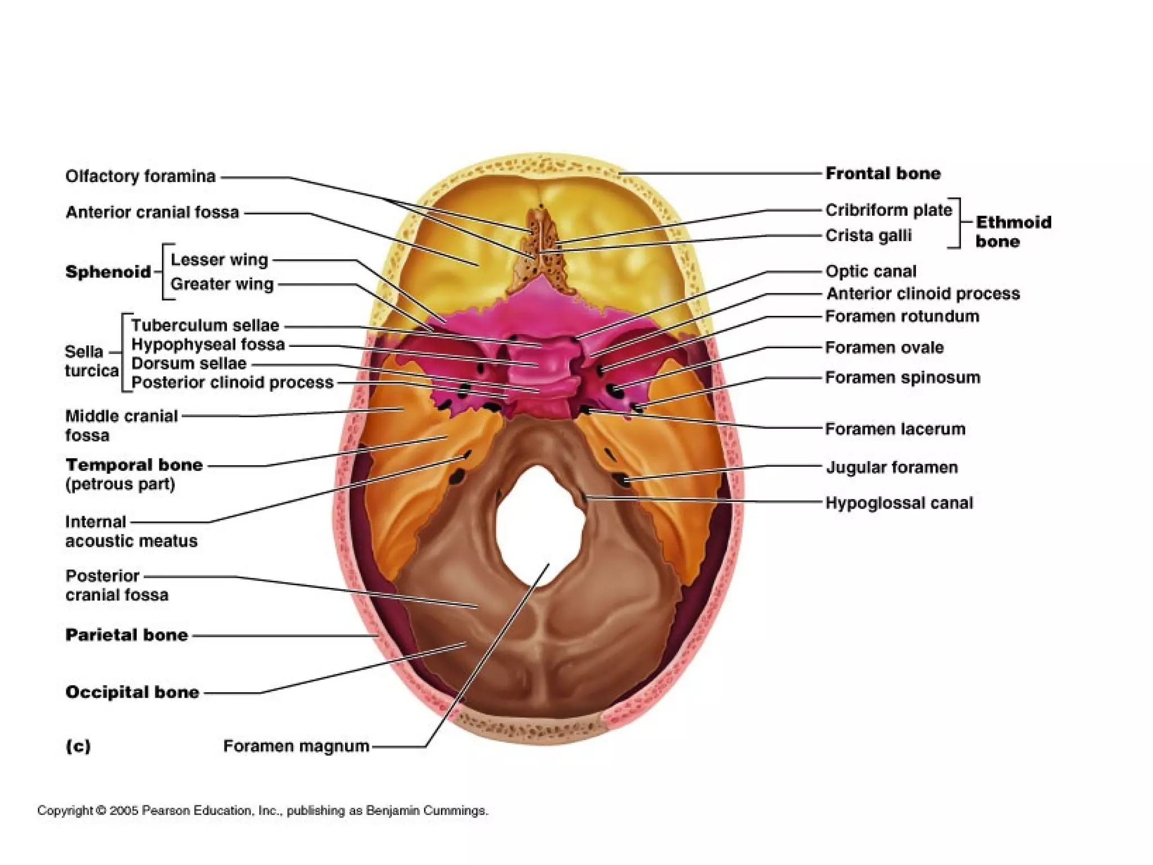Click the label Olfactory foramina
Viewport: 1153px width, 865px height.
pyautogui.click(x=140, y=176)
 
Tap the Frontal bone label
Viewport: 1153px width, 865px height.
pyautogui.click(x=882, y=173)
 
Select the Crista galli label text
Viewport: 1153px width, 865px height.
pyautogui.click(x=868, y=235)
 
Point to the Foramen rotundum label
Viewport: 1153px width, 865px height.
pyautogui.click(x=902, y=316)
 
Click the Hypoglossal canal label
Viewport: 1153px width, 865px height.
pyautogui.click(x=899, y=503)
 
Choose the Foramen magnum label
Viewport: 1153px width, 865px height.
pyautogui.click(x=296, y=746)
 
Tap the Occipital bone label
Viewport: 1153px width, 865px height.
pyautogui.click(x=132, y=692)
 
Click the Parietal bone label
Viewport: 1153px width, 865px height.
pyautogui.click(x=127, y=635)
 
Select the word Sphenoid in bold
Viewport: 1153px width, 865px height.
pyautogui.click(x=108, y=272)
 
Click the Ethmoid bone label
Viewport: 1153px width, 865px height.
pyautogui.click(x=1013, y=231)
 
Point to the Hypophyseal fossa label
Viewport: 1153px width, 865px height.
pyautogui.click(x=208, y=345)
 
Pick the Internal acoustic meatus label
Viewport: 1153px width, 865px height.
pyautogui.click(x=131, y=531)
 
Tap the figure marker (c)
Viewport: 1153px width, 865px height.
pyautogui.click(x=78, y=746)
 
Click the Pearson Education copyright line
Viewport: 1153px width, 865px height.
pyautogui.click(x=262, y=810)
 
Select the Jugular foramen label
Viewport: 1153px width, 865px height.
pyautogui.click(x=891, y=467)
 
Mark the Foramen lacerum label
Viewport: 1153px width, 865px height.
pyautogui.click(x=895, y=429)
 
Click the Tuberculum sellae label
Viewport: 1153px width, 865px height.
pyautogui.click(x=205, y=326)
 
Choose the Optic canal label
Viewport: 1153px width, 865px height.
pyautogui.click(x=870, y=271)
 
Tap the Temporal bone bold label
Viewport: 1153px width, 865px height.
pyautogui.click(x=134, y=465)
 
